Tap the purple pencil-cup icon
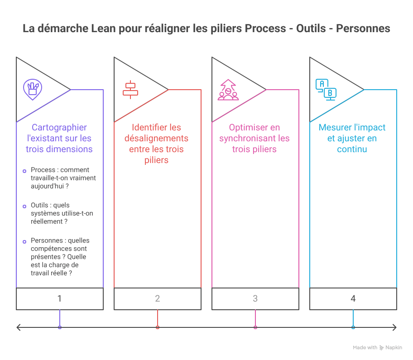coord(32,89)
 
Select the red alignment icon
coord(130,90)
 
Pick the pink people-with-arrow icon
coord(228,90)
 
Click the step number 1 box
coord(60,299)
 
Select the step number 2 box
coord(158,299)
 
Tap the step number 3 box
coord(255,299)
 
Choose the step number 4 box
coord(353,299)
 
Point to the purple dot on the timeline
coord(60,327)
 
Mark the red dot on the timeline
coord(158,327)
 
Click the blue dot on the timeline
coord(353,327)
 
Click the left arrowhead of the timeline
coord(18,327)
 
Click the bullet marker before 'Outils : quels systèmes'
coord(24,206)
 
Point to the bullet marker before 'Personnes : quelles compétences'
coord(24,241)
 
